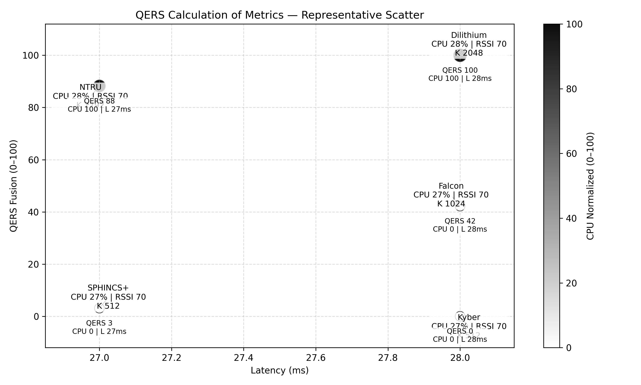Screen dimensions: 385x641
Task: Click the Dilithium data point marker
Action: coord(460,55)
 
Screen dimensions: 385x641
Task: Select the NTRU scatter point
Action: coord(99,86)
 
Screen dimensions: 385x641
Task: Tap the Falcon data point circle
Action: coord(460,206)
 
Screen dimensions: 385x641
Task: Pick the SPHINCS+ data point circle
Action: coord(99,308)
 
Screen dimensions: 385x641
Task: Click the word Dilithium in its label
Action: coord(469,35)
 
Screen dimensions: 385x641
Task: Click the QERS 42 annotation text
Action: coord(460,221)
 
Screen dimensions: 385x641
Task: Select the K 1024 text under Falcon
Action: coord(451,204)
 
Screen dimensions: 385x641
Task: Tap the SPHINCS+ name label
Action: coord(108,288)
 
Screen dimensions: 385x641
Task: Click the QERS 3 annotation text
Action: coord(99,323)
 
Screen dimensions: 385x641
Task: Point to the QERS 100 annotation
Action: coord(460,70)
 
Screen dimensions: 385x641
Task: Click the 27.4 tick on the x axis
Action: coord(244,358)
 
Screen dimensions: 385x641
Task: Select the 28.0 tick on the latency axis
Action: coord(460,358)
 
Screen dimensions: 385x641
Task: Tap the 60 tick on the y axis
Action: coord(33,160)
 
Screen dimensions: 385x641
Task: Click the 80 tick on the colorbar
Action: coord(571,89)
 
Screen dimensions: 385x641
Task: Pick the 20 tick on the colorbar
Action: coord(571,283)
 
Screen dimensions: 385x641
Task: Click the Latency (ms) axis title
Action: coord(279,370)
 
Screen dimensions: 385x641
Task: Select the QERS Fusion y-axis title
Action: coord(13,186)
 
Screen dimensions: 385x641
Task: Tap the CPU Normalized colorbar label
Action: coord(590,186)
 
